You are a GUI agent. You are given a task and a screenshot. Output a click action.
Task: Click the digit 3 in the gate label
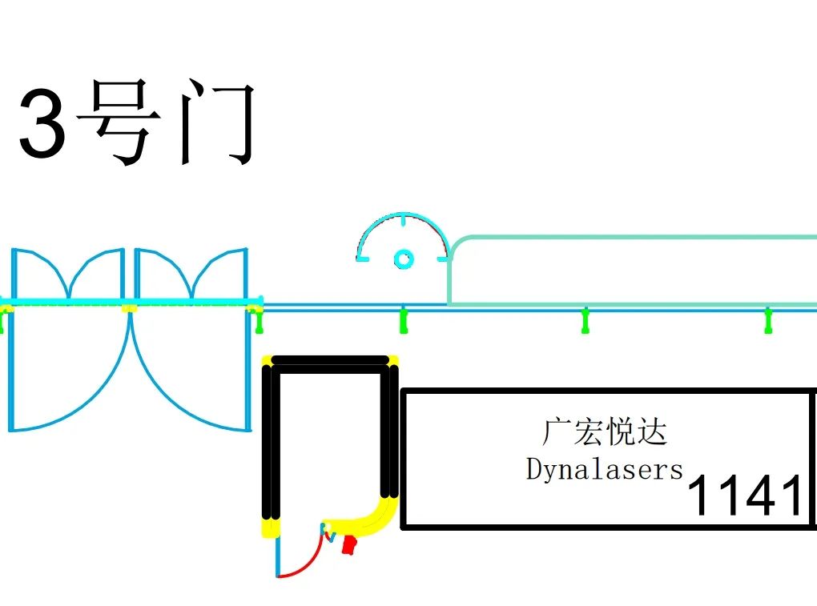[x=42, y=122]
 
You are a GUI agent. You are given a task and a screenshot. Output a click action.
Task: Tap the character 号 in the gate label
[x=119, y=122]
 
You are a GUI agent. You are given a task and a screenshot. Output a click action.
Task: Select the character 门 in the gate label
[x=217, y=122]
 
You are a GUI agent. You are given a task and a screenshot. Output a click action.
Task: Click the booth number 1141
[x=745, y=495]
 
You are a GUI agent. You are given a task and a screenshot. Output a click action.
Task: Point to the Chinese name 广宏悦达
[x=605, y=431]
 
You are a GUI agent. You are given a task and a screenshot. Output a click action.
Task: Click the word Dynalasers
[x=605, y=469]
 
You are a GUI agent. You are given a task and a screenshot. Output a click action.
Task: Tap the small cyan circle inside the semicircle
[x=403, y=259]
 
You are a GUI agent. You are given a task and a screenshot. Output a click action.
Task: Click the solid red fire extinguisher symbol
[x=349, y=544]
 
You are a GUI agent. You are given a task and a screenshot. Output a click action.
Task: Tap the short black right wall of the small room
[x=389, y=431]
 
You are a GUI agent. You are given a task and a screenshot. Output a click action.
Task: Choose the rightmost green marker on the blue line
[x=768, y=320]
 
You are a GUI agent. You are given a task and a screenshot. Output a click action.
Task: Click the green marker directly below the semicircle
[x=403, y=320]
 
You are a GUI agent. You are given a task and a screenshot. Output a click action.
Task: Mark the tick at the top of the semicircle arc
[x=403, y=219]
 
